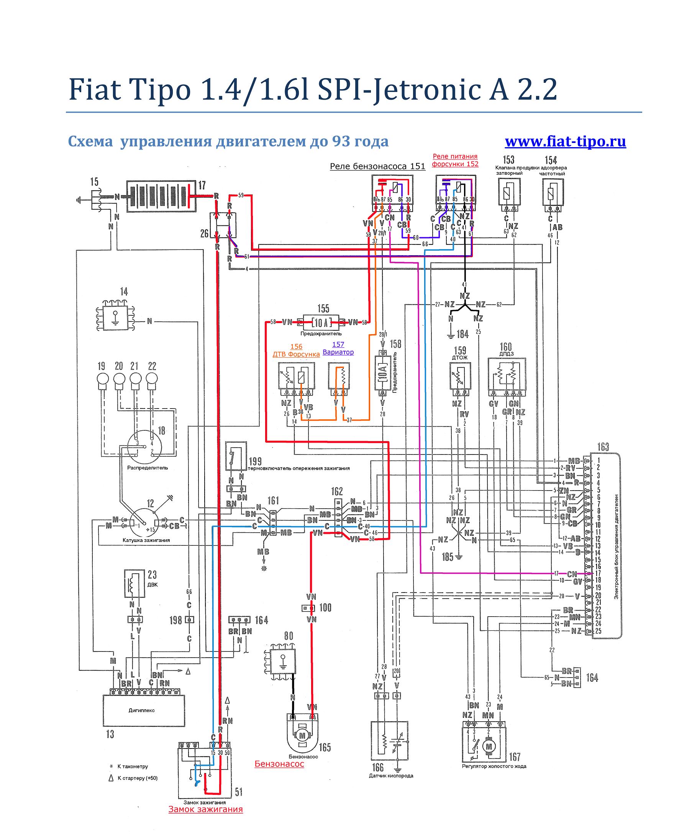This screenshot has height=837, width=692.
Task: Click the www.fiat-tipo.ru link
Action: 565,141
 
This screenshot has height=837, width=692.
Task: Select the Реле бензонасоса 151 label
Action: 377,167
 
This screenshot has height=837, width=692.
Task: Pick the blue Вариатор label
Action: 338,352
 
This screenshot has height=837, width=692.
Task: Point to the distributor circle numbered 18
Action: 144,447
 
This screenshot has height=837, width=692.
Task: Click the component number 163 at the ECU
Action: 603,447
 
